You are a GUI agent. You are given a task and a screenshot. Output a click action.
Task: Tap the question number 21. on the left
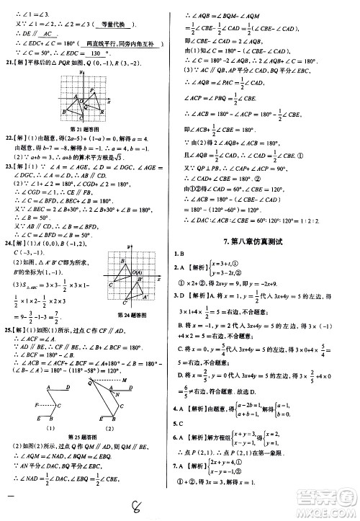pos(10,63)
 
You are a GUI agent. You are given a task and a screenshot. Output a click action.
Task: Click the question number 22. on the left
pos(10,136)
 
